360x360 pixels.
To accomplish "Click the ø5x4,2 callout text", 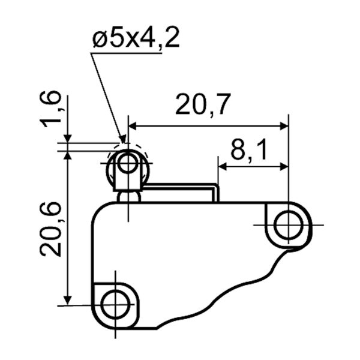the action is pyautogui.click(x=136, y=38).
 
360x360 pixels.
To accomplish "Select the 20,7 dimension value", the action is pyautogui.click(x=203, y=104).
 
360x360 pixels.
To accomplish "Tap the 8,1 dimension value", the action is pyautogui.click(x=249, y=149).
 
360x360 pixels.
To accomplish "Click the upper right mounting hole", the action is pyautogui.click(x=289, y=225).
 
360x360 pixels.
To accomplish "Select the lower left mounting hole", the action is pyautogui.click(x=115, y=304).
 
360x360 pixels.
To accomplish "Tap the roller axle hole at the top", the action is pyautogui.click(x=128, y=163).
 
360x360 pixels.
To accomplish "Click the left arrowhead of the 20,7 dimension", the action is pyautogui.click(x=133, y=126).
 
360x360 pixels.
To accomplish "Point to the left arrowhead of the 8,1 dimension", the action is pyautogui.click(x=222, y=167).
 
